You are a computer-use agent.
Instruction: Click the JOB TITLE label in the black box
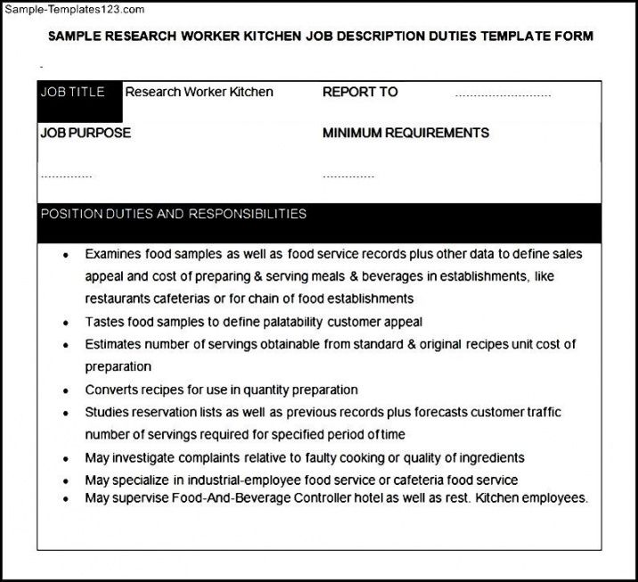click(73, 92)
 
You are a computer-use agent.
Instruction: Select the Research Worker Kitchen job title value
click(199, 92)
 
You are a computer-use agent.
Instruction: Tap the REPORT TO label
click(360, 92)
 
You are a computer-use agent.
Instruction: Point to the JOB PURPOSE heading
click(86, 133)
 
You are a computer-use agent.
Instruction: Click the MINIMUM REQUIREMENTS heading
click(405, 133)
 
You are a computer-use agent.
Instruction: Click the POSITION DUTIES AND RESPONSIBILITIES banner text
click(174, 214)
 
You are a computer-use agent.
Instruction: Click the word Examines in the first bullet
click(113, 254)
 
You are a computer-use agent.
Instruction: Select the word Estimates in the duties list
click(115, 344)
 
